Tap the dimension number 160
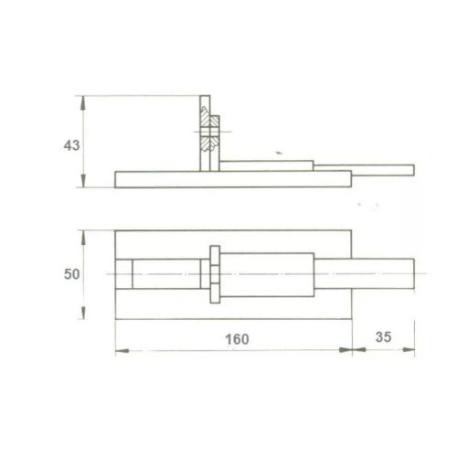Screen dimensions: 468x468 tap(236, 338)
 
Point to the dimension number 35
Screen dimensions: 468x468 tap(384, 338)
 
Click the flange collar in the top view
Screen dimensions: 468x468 tap(214, 273)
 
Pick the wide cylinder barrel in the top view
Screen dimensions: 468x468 tap(269, 273)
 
